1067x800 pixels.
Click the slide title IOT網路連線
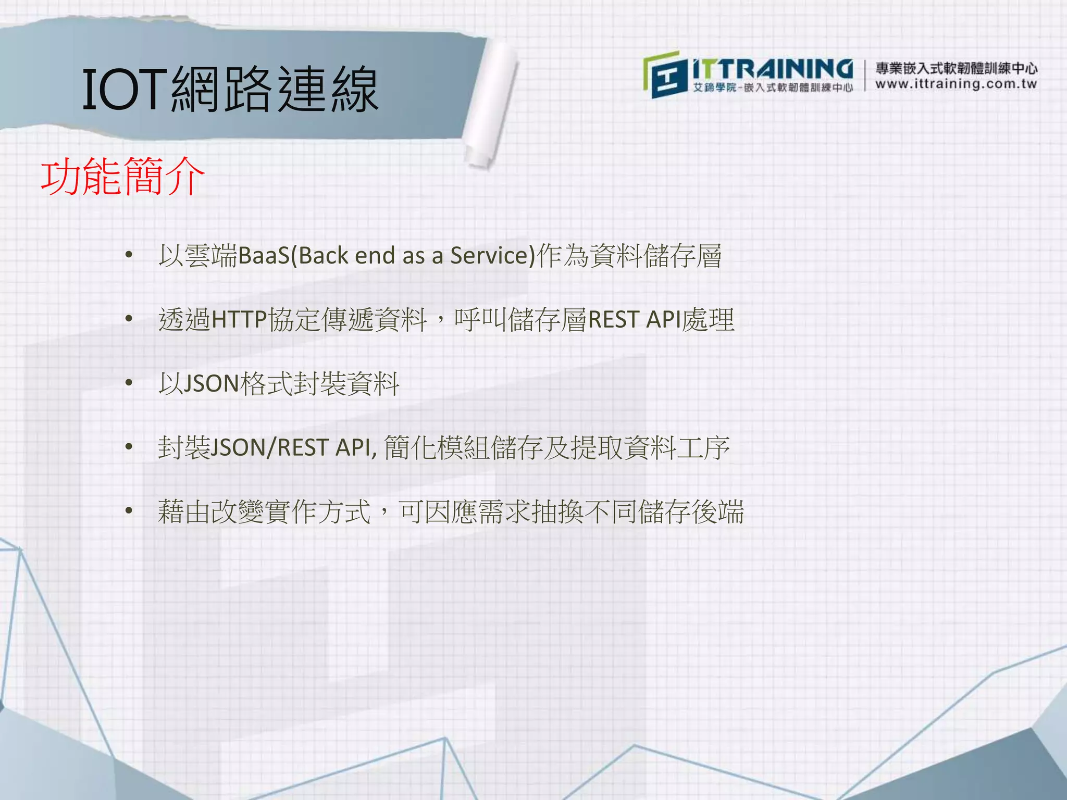pos(230,90)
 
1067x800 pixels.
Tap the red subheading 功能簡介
pos(123,177)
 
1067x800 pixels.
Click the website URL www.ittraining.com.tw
pos(956,84)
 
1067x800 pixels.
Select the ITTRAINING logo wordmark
pos(773,70)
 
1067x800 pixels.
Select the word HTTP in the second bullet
pos(239,320)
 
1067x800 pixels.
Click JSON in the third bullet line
pos(211,384)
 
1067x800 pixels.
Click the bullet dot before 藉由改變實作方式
pos(129,511)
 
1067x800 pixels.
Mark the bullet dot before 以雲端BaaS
pos(129,255)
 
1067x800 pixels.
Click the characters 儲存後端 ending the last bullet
pos(691,511)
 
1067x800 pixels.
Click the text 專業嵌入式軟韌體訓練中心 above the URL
pos(956,68)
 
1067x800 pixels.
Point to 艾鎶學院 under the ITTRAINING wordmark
pos(714,87)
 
